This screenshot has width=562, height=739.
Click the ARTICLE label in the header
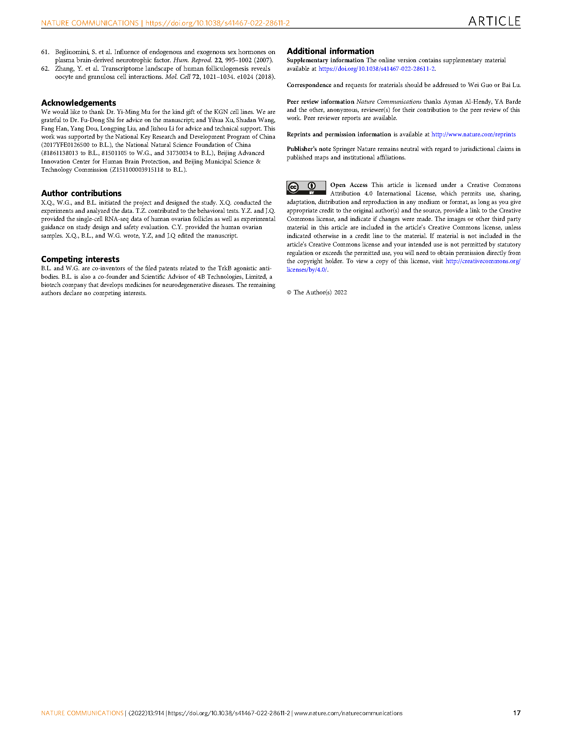pos(494,21)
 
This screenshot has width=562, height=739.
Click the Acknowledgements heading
pos(78,103)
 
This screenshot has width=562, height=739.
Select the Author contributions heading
pos(81,193)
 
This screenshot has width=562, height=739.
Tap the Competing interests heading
pos(80,259)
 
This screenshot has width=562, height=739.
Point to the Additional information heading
pos(330,51)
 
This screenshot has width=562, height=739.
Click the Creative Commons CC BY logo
pos(306,188)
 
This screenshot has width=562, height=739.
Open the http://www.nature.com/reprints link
pos(473,134)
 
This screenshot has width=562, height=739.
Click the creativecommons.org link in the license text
pos(482,261)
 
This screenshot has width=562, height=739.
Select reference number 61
pos(45,52)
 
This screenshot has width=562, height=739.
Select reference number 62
pos(45,69)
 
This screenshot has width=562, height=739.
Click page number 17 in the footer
pos(516,713)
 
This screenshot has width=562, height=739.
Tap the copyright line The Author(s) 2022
pos(317,292)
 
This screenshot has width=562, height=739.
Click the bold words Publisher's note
pos(309,149)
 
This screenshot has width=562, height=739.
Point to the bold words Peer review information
pos(320,102)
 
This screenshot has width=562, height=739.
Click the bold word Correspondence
pos(309,85)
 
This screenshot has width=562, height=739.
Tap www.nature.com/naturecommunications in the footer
pos(348,713)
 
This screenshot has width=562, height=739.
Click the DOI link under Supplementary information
pos(376,69)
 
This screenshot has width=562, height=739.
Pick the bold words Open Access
pos(349,185)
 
